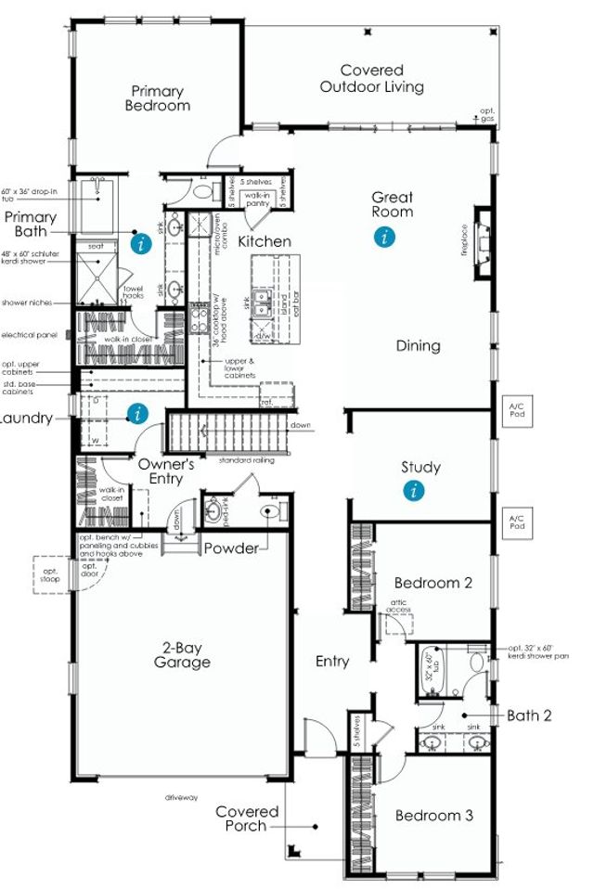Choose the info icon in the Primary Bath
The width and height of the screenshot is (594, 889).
coord(139,244)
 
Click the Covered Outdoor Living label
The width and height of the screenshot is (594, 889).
coord(371,79)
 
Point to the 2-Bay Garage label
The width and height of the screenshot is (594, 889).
coord(182,654)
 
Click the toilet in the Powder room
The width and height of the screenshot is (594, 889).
coord(272,510)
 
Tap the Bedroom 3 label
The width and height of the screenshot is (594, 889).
coord(434,816)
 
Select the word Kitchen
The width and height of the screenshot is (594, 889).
coord(265,241)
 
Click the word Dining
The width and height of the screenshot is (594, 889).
coord(418,345)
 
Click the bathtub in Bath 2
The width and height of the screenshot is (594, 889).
coord(431,667)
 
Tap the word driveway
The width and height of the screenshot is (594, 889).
coord(182,797)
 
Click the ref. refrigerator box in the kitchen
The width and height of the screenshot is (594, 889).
coord(276,394)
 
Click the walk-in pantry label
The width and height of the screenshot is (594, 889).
coord(256,198)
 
